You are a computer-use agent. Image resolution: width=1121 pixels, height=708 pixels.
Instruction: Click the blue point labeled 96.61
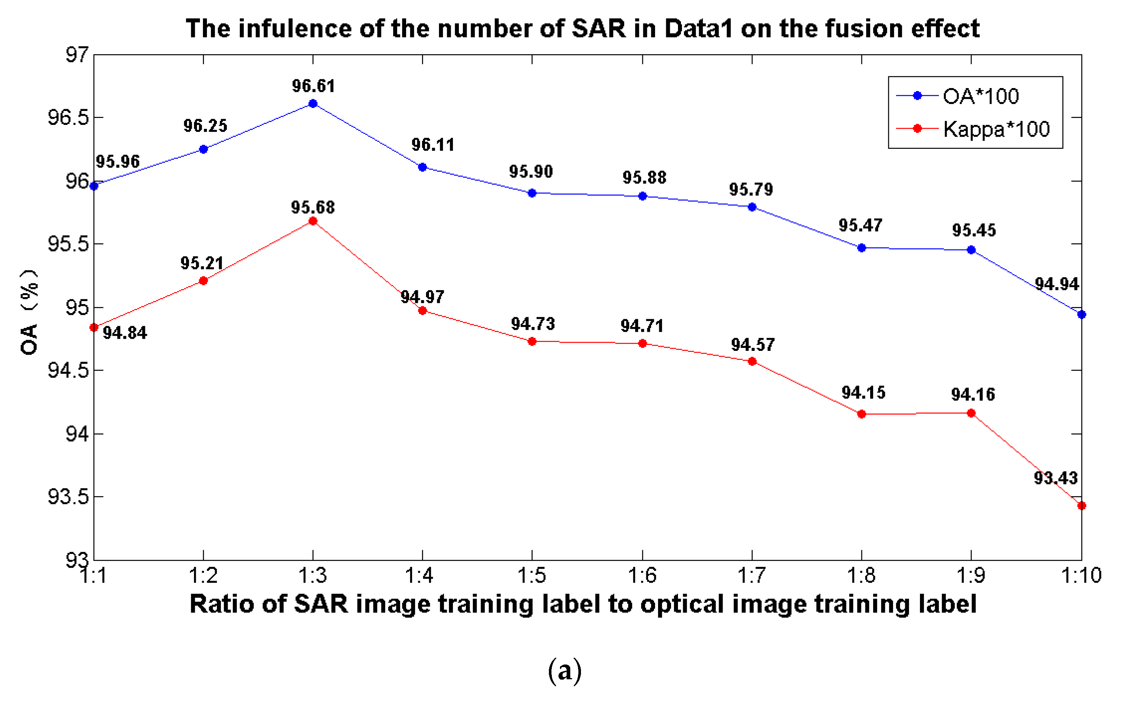(313, 103)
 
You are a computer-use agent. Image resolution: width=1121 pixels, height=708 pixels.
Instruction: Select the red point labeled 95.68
(313, 221)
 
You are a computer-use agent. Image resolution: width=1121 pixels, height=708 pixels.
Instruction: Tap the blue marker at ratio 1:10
(1082, 314)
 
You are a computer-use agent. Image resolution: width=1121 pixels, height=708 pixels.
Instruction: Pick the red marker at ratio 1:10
(1082, 506)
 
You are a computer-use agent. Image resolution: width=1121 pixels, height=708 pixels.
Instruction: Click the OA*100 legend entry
(980, 96)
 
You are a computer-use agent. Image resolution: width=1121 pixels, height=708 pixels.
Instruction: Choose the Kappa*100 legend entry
(996, 129)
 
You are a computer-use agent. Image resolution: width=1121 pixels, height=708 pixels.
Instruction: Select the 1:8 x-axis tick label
(861, 576)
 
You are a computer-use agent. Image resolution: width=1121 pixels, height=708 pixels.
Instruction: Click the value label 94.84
(125, 333)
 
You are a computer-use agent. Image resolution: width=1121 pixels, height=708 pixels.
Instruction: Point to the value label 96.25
(205, 126)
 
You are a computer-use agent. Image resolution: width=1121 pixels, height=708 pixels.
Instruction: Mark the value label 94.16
(973, 394)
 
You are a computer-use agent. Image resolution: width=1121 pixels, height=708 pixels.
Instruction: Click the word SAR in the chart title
(599, 28)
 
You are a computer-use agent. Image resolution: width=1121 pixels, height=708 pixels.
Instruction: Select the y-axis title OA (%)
(29, 312)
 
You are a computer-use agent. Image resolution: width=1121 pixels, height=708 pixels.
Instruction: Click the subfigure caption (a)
(565, 670)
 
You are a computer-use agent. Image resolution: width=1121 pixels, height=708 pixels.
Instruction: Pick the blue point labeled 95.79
(752, 207)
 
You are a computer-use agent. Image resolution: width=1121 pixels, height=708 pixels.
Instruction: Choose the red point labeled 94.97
(422, 310)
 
